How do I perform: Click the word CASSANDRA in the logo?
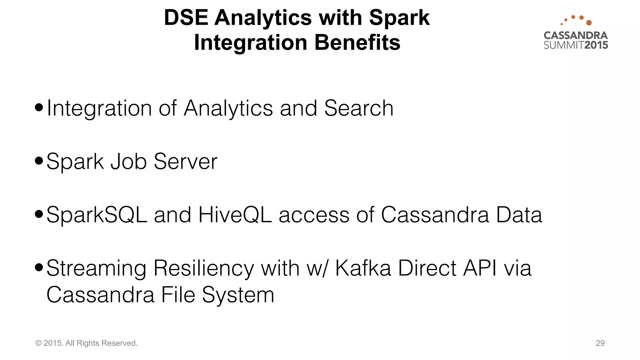tap(576, 35)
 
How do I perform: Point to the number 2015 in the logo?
tap(596, 45)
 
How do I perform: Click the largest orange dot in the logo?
tap(589, 22)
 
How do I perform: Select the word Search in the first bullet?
tap(359, 108)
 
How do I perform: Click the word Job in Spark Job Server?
tap(129, 162)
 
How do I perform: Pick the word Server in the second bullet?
tap(185, 162)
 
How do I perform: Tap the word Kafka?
tap(363, 268)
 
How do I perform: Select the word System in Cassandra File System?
tap(238, 295)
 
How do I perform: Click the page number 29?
tap(600, 343)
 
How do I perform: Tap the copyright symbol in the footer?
tap(38, 343)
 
